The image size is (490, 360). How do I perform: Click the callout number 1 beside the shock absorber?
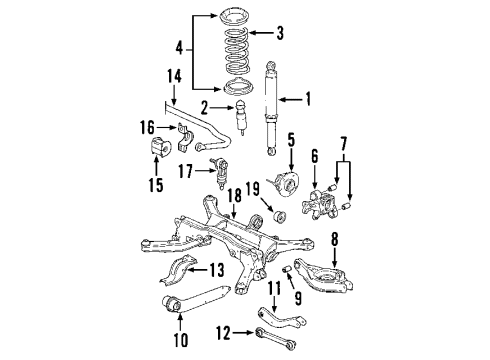[308, 99]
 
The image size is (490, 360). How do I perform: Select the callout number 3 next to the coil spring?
[279, 34]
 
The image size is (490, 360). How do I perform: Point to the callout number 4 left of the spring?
[180, 46]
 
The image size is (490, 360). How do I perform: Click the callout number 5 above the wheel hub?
[291, 140]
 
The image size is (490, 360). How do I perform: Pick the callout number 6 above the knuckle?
[315, 157]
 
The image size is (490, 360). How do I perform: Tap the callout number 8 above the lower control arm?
[335, 239]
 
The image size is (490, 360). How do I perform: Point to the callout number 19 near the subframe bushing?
[253, 188]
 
